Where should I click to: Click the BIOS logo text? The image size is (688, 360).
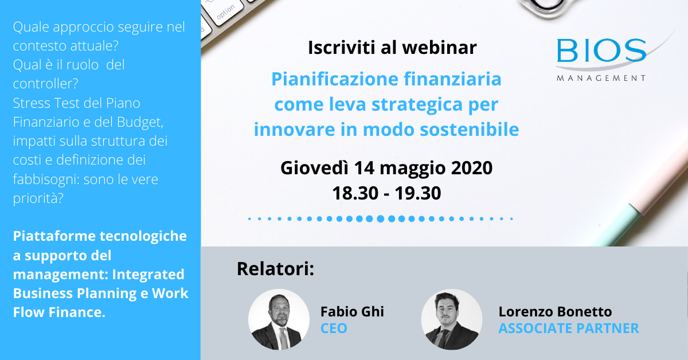[x=601, y=52]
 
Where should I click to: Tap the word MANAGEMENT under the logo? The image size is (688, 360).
[x=601, y=78]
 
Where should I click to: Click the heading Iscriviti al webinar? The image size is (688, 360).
[x=392, y=48]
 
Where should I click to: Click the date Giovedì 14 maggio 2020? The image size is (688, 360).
[x=386, y=168]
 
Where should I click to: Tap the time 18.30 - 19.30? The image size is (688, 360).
[x=386, y=193]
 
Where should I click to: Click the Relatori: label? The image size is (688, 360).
[x=275, y=268]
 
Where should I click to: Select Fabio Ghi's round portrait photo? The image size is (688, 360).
[x=279, y=319]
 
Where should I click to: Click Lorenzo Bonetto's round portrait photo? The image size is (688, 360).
[x=451, y=319]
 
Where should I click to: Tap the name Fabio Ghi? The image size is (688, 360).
[x=352, y=311]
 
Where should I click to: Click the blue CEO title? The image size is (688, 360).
[x=334, y=328]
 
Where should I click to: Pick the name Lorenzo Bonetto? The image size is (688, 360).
[x=555, y=311]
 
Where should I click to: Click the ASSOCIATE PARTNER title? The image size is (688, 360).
[x=568, y=328]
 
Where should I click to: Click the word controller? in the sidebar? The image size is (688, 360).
[x=45, y=84]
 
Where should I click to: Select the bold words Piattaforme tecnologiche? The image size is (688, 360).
[x=99, y=236]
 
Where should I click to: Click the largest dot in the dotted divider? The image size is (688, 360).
[x=380, y=218]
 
